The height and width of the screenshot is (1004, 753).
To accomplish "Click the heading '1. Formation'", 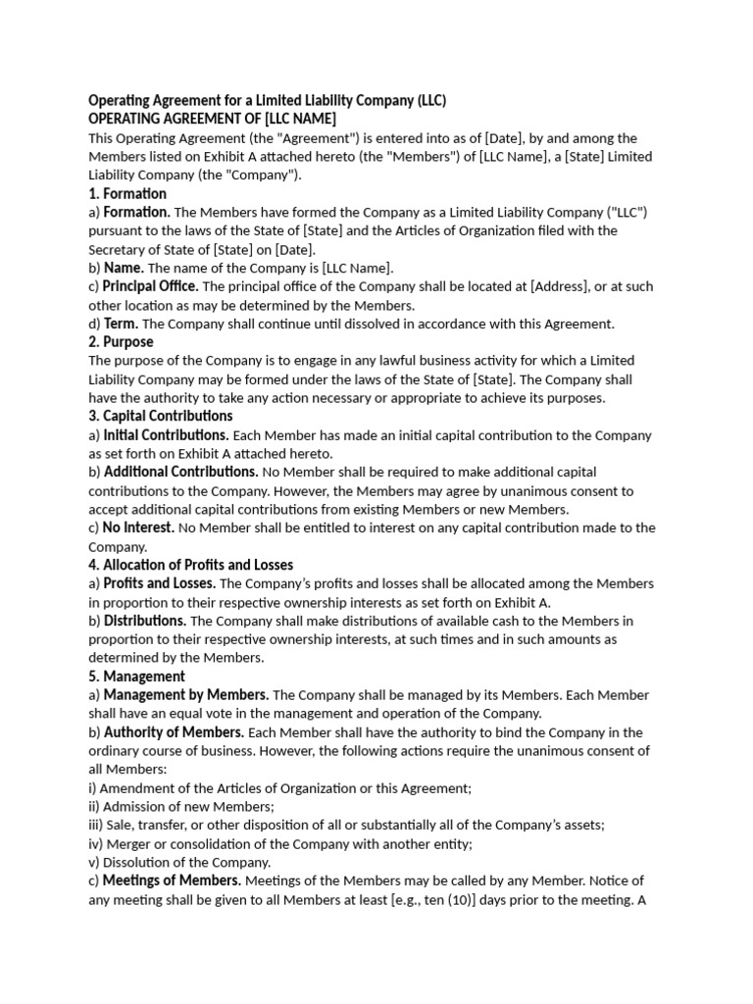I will tap(127, 194).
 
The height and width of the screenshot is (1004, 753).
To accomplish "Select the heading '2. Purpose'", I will tap(121, 342).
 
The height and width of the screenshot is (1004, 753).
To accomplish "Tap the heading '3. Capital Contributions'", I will tap(161, 417).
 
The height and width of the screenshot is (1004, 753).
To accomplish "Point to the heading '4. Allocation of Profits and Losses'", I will tap(190, 565).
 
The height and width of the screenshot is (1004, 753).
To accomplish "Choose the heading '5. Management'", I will tap(136, 677).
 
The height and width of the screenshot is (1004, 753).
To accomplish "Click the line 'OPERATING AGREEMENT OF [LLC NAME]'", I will tap(212, 120).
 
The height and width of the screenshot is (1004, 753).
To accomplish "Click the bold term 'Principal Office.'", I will tap(151, 287).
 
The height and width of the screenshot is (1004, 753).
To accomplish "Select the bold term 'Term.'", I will tap(122, 324).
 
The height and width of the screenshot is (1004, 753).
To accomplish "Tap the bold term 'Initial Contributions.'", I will tap(166, 435).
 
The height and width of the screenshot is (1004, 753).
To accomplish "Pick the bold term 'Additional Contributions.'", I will tap(181, 473).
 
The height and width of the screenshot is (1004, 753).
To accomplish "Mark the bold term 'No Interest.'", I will tap(138, 527).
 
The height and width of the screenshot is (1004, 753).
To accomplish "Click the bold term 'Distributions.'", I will tap(145, 621).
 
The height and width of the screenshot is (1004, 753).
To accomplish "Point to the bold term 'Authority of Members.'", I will tap(174, 732).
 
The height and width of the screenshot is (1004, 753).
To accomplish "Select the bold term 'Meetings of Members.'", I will tap(172, 880).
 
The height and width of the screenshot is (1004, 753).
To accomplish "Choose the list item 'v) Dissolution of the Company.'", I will tap(179, 863).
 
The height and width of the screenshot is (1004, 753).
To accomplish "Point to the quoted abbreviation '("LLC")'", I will tap(627, 213).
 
